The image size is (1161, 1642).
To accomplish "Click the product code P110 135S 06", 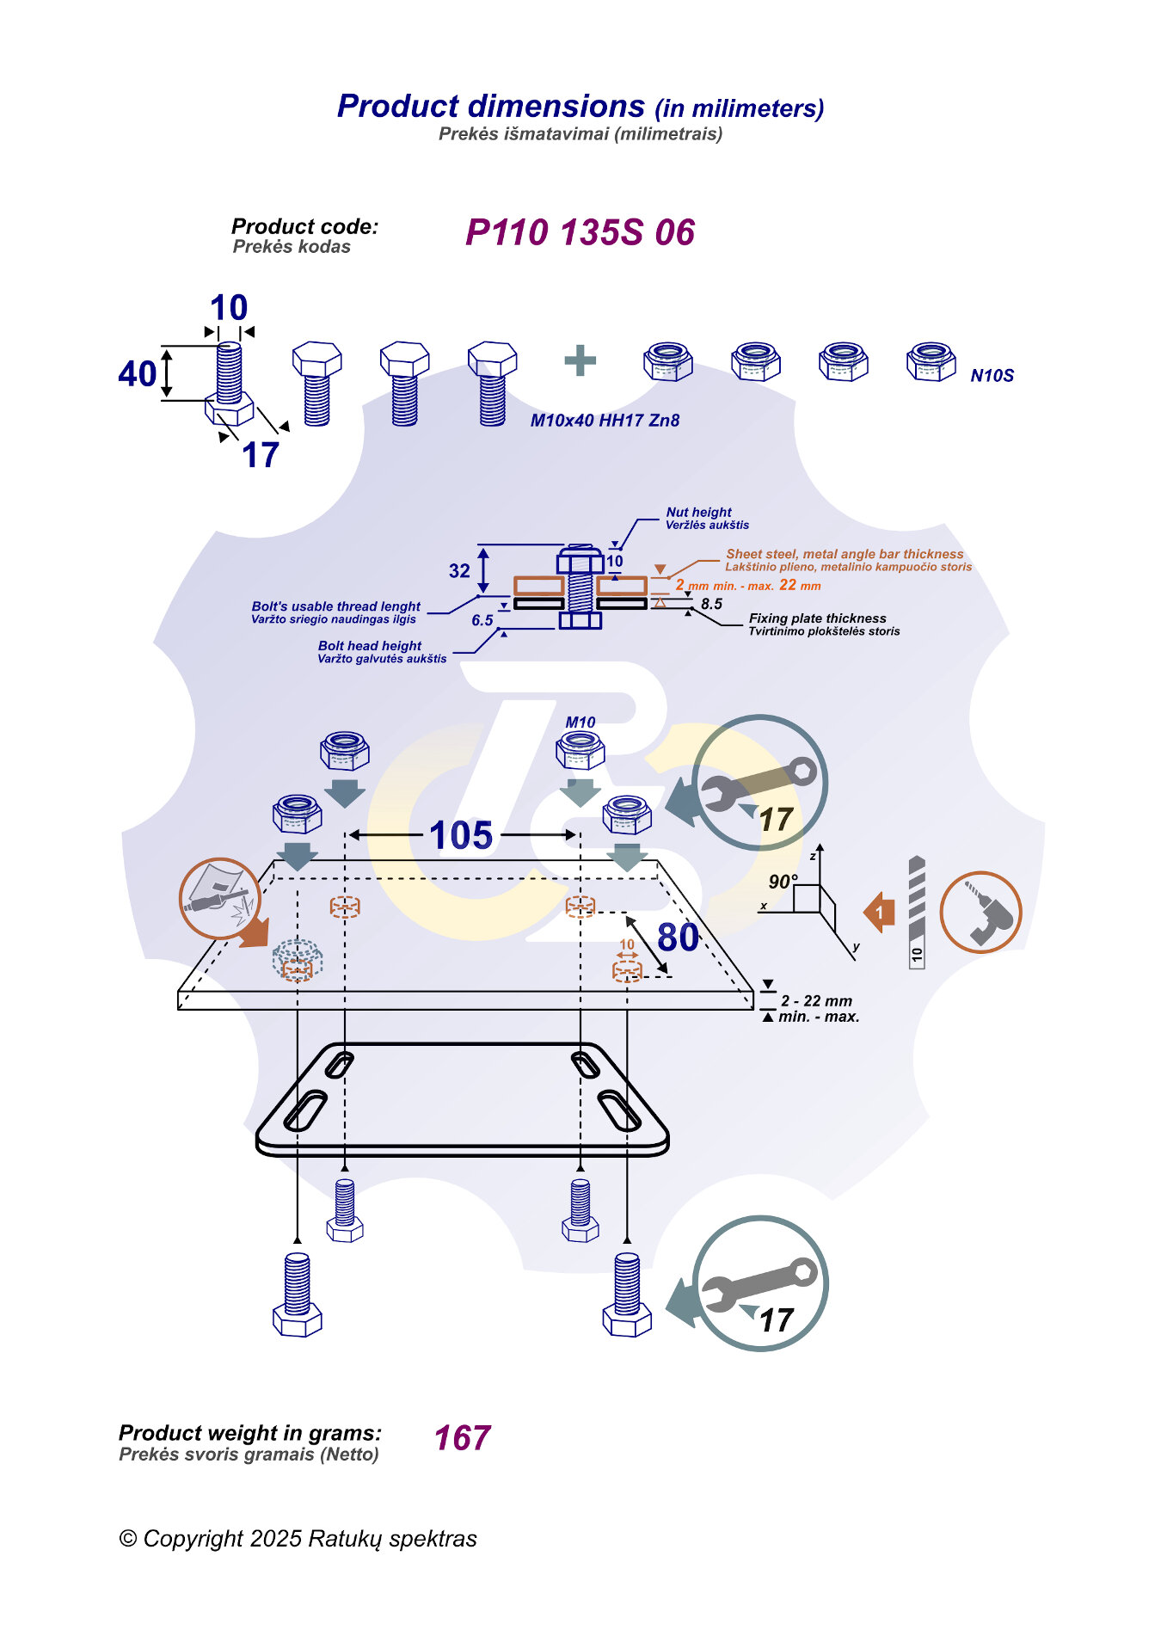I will [580, 232].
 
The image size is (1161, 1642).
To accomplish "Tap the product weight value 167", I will [462, 1438].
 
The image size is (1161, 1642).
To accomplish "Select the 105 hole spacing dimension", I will [461, 835].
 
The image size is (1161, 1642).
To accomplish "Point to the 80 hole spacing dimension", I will [678, 938].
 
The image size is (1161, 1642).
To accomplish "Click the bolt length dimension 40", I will [138, 374].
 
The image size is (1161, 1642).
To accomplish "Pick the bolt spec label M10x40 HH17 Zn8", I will [605, 421].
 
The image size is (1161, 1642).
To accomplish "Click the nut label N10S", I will [992, 376].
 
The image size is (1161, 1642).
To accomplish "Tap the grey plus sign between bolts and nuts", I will [580, 360].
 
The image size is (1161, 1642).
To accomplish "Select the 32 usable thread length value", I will [459, 571].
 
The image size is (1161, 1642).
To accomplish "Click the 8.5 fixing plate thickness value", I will [711, 604].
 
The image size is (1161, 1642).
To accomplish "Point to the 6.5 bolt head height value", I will [482, 620].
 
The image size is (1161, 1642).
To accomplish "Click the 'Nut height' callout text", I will [698, 512].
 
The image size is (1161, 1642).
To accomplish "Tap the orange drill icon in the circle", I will [980, 912].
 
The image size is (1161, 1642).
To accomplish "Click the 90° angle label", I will [783, 882].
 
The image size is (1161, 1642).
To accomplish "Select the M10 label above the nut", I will [580, 723].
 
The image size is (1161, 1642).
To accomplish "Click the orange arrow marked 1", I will [879, 913].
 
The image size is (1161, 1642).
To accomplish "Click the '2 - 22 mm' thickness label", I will [816, 1001].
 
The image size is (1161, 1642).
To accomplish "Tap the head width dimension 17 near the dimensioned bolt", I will [261, 455].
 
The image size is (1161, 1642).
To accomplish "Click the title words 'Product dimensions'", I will [491, 107].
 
